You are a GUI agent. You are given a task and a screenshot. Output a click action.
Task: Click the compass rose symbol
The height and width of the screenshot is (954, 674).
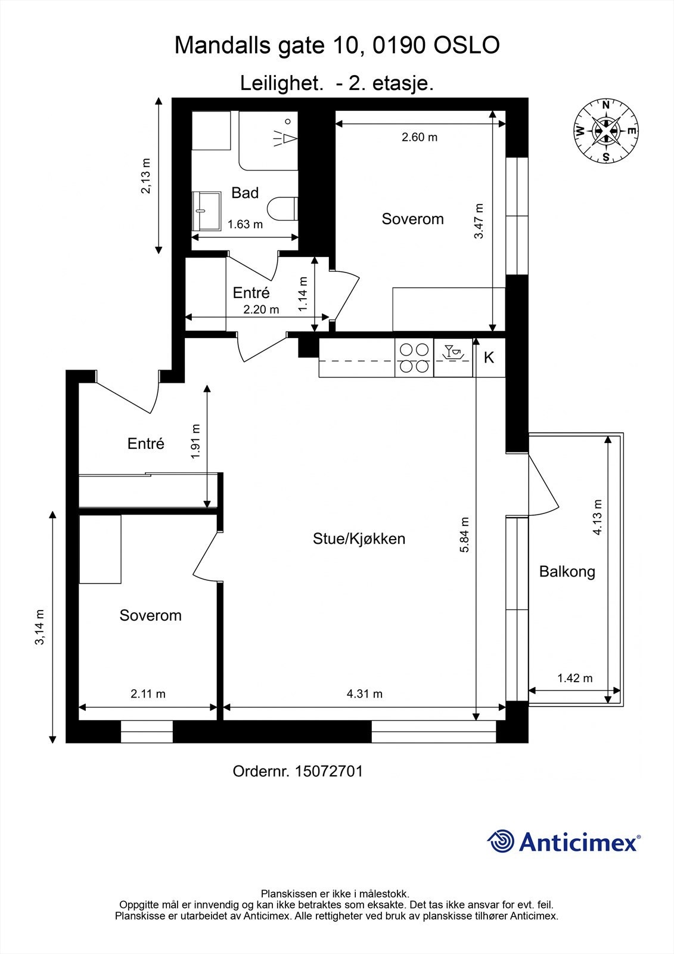click(x=605, y=131)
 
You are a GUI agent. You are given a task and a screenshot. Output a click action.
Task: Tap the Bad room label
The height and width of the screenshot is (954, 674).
click(x=245, y=193)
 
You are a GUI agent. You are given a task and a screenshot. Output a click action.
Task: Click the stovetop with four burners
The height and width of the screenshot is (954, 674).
click(x=414, y=358)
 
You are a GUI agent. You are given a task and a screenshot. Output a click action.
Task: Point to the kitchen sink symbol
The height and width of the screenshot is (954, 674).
click(x=453, y=352)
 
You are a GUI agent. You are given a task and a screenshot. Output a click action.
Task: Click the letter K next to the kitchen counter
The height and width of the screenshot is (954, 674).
click(x=489, y=357)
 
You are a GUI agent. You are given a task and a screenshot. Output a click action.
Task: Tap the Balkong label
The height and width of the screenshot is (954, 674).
click(x=567, y=572)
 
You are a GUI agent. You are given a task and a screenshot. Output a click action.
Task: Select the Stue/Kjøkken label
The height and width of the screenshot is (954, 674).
click(x=359, y=539)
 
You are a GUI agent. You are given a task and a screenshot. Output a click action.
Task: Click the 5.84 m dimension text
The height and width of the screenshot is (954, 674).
click(x=464, y=535)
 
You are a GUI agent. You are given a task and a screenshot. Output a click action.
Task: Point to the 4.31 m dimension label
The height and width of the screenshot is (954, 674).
click(x=365, y=694)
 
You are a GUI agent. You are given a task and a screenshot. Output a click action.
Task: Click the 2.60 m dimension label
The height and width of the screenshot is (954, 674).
click(x=420, y=137)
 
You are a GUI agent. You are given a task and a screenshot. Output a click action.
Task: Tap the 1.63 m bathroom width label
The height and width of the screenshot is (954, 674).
click(x=245, y=224)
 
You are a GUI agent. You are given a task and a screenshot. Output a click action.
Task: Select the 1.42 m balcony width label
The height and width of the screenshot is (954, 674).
click(x=575, y=678)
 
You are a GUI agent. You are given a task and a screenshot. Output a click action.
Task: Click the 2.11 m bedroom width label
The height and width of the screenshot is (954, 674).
click(x=148, y=694)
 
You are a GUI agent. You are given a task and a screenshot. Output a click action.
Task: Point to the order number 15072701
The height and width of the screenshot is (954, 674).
click(x=328, y=772)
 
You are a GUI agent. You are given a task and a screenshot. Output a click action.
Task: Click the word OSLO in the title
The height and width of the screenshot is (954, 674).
click(x=467, y=45)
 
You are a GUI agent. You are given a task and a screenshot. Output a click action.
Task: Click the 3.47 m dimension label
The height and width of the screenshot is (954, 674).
click(x=479, y=221)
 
